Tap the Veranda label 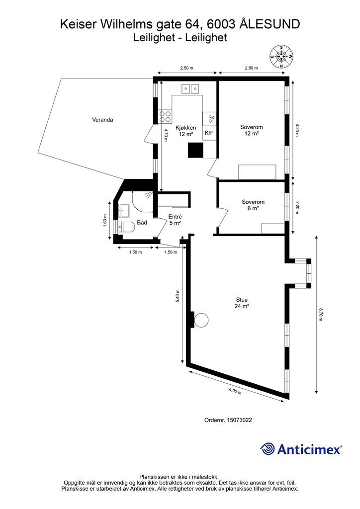(x=102, y=120)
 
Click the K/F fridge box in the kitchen (x=209, y=133)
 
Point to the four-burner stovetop (x=165, y=117)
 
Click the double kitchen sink (x=190, y=88)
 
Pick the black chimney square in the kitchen (x=196, y=150)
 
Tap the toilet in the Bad (x=126, y=227)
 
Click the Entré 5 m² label (x=175, y=220)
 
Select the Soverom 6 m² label (x=253, y=205)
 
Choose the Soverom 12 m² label (x=251, y=130)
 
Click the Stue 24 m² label (x=242, y=303)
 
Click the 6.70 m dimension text (x=320, y=315)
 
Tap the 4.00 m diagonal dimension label (x=235, y=391)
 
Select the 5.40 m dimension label (x=177, y=296)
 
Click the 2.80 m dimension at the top (x=251, y=68)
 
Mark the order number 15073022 (x=228, y=420)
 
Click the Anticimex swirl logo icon (x=268, y=449)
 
